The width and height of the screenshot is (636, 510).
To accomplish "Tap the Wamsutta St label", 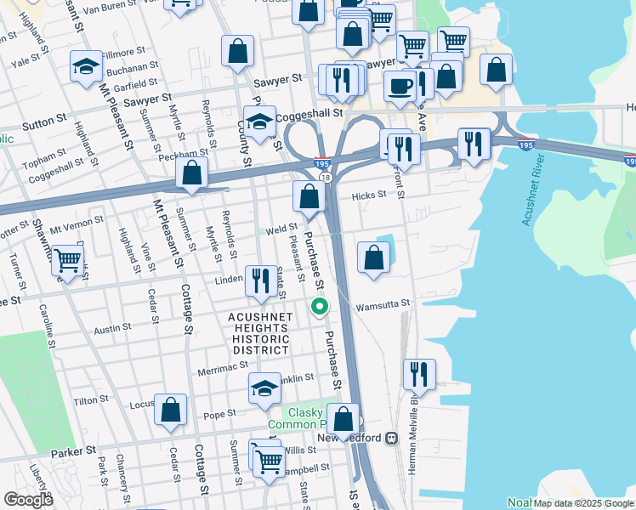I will pos(383,303).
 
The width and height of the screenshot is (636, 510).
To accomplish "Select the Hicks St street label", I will pos(370,194).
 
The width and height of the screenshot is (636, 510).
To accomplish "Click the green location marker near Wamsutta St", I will pos(320,307).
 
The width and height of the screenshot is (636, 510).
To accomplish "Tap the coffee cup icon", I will pos(400,85).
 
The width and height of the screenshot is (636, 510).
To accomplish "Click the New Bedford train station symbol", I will pos(392,438).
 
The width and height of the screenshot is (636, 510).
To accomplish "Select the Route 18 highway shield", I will pos(326,177).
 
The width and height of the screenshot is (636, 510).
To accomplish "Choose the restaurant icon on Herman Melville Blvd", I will pos(419,373).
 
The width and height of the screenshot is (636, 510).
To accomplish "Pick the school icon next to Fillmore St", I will pos(86,68).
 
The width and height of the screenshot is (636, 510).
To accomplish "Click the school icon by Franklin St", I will pos(265,388).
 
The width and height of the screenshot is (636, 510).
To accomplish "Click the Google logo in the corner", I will pos(28,499).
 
